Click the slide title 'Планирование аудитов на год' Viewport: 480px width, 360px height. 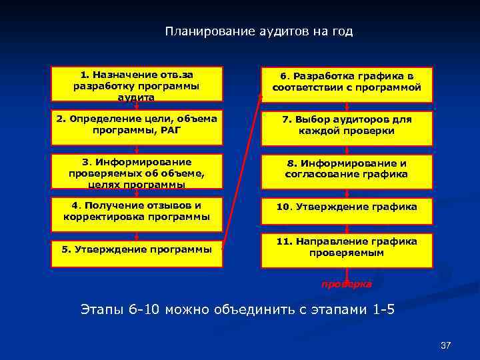coord(259,31)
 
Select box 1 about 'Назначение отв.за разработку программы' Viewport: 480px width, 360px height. coord(137,85)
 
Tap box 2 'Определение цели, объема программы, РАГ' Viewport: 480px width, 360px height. coord(137,125)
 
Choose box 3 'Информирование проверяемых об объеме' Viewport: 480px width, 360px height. coord(137,172)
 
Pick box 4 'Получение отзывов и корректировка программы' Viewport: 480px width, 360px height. coord(137,211)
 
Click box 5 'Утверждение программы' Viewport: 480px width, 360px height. coord(137,249)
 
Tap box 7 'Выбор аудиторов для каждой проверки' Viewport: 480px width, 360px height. coord(347,125)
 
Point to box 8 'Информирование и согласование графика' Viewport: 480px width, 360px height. coord(347,169)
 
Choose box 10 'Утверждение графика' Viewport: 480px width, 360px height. coord(347,207)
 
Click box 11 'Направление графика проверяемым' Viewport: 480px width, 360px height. coord(347,247)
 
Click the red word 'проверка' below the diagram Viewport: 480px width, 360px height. coord(347,284)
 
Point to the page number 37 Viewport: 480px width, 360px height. coord(446,345)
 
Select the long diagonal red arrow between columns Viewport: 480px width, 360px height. coord(241,167)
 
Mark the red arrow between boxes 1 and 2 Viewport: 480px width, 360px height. coord(137,107)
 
